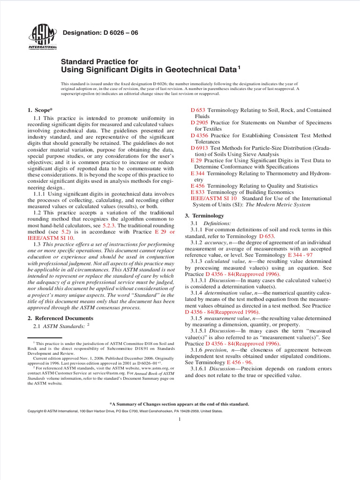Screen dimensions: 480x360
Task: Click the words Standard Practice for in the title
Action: (99, 61)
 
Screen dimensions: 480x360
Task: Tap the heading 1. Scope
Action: (40, 110)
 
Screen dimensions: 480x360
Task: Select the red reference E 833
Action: (196, 192)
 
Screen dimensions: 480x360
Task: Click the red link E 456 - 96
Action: (240, 362)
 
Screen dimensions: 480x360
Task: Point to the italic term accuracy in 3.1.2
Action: (216, 242)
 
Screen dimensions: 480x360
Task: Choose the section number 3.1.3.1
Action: (199, 280)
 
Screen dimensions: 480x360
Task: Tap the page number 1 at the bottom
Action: (180, 419)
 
